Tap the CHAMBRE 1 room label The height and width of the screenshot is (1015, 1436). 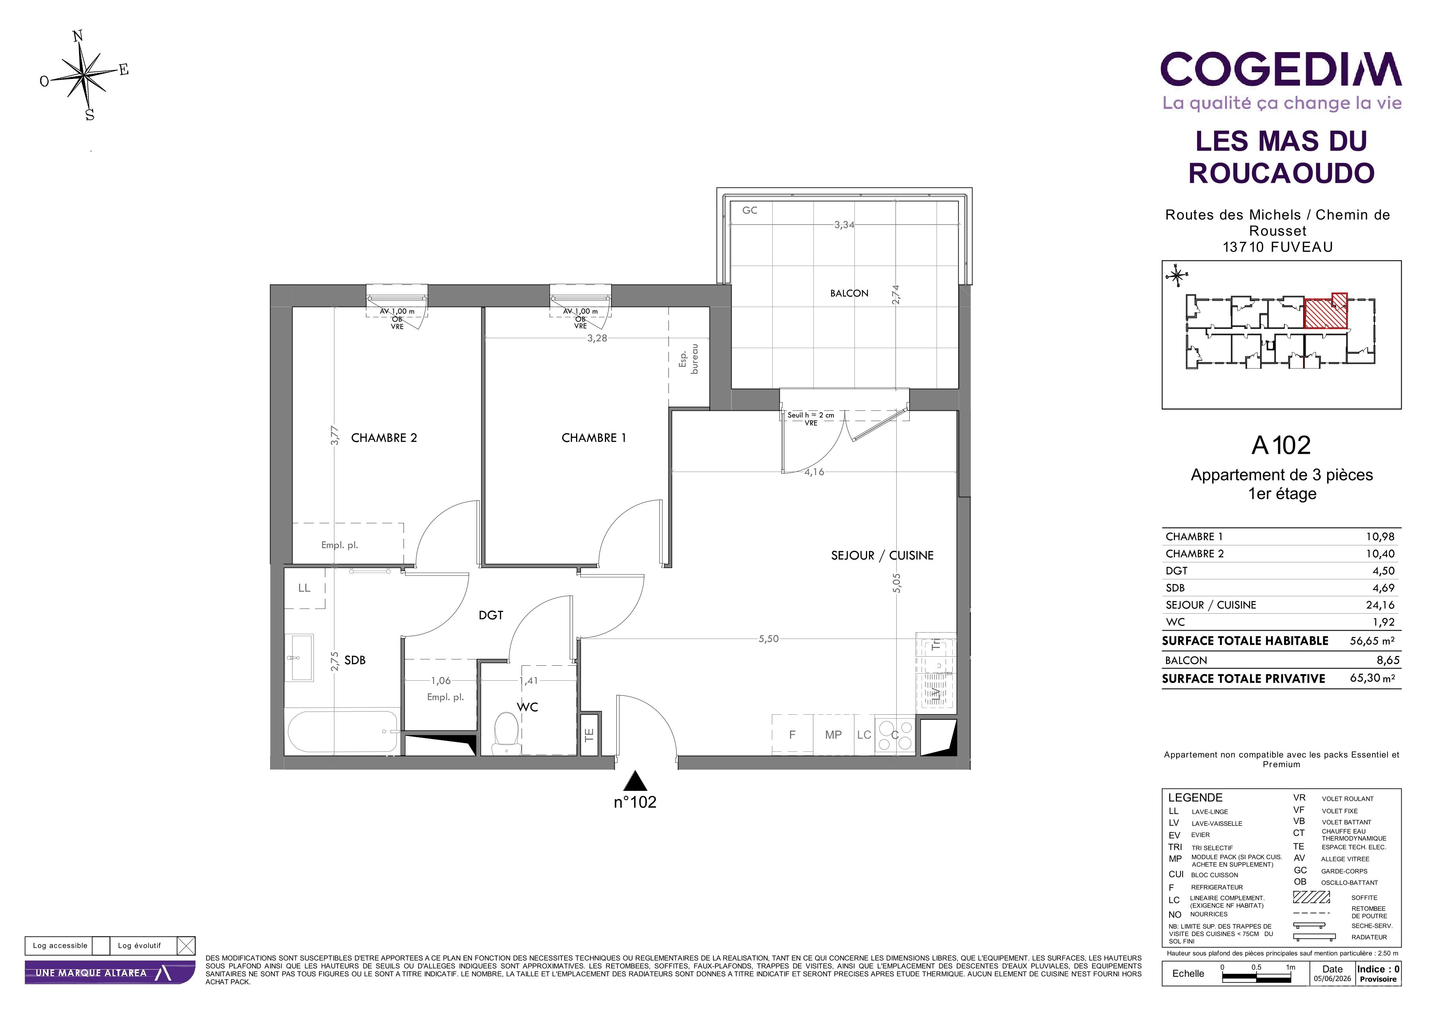point(593,438)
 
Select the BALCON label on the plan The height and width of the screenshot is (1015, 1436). point(849,293)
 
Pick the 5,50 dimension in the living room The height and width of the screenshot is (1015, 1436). point(769,639)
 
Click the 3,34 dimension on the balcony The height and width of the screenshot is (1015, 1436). point(844,225)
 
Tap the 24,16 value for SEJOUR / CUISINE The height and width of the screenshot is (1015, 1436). point(1380,605)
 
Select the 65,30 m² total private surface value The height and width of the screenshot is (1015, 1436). point(1372,678)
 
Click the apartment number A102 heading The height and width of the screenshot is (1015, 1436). point(1281,446)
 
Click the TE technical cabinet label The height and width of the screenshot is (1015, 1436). point(589,735)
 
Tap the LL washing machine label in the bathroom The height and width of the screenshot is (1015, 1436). point(304,588)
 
